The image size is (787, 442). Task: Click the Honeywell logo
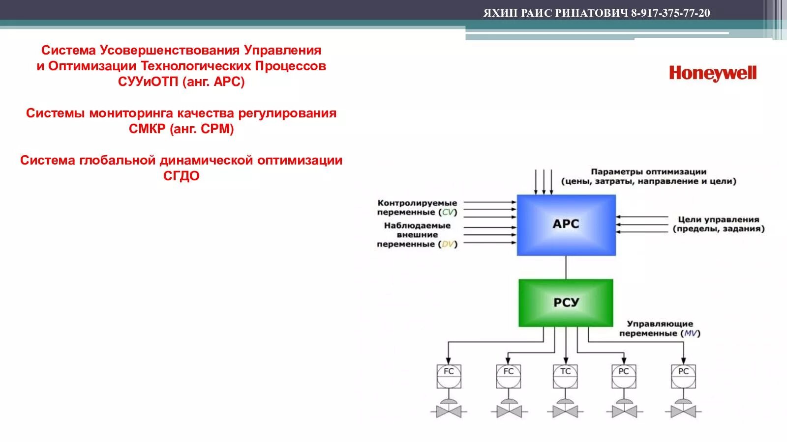[x=712, y=74]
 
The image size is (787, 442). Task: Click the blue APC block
[x=566, y=224]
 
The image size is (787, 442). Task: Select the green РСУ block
[x=566, y=303]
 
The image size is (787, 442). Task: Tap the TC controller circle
[x=566, y=375]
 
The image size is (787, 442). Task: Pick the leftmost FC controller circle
[x=449, y=375]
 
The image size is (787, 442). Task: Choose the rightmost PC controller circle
[x=683, y=375]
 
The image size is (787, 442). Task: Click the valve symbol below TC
[x=566, y=409]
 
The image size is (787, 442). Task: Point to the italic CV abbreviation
[x=448, y=212]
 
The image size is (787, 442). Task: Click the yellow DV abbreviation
[x=448, y=244]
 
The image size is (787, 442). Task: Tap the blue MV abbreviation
[x=691, y=333]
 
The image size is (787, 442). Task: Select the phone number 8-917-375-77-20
[x=670, y=13]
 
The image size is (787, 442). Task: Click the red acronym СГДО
[x=181, y=176]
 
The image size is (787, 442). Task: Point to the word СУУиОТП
[x=148, y=82]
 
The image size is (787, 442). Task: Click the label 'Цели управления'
[x=718, y=220]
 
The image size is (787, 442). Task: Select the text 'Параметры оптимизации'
[x=648, y=172]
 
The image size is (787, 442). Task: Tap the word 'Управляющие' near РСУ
[x=660, y=324]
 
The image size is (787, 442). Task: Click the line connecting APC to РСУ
[x=566, y=267]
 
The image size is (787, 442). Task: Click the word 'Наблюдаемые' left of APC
[x=417, y=225]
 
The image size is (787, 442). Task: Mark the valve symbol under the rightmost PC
[x=683, y=409]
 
